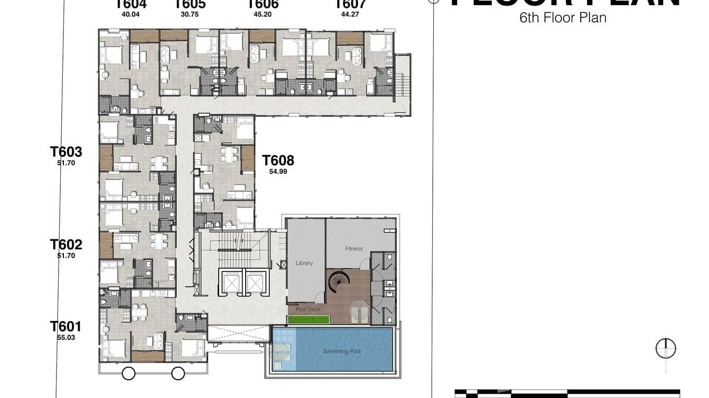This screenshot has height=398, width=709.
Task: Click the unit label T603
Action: point(66,152)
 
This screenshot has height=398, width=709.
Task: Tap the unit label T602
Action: point(66,244)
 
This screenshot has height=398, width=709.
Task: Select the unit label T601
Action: point(66,326)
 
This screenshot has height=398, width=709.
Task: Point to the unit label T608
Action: point(278,160)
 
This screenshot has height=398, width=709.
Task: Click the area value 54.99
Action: point(278,172)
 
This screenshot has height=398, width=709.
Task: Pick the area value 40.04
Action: point(130,15)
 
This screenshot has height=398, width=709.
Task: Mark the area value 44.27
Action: point(350,15)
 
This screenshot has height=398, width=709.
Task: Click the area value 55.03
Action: point(66,337)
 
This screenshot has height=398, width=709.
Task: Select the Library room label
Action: point(304,263)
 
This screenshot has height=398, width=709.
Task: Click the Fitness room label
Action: point(354,249)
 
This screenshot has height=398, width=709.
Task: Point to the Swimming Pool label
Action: point(341,351)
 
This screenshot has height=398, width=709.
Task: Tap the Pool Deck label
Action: point(308,309)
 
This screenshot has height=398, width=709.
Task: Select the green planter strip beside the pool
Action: point(309,319)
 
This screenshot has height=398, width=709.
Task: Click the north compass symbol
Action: point(666,348)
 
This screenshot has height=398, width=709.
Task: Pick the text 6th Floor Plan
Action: point(563,18)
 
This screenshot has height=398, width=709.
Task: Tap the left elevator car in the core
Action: point(231,283)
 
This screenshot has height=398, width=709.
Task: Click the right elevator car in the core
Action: point(254,283)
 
